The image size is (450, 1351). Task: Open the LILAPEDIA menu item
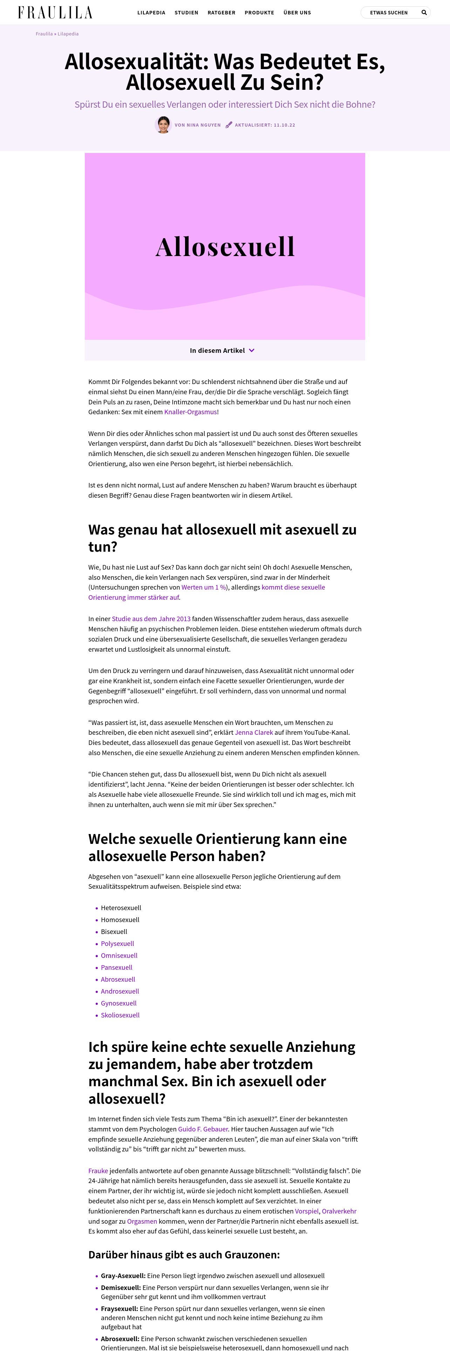pyautogui.click(x=151, y=13)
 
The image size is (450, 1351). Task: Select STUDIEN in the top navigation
pyautogui.click(x=186, y=13)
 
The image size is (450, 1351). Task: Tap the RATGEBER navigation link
pyautogui.click(x=221, y=13)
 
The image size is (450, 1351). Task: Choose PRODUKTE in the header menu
pyautogui.click(x=259, y=13)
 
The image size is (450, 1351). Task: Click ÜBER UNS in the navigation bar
pyautogui.click(x=297, y=13)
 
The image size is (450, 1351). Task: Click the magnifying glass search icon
pyautogui.click(x=424, y=13)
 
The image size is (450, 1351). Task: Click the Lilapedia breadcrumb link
pyautogui.click(x=68, y=34)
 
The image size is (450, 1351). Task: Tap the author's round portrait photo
pyautogui.click(x=163, y=125)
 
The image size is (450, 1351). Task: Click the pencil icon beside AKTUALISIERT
pyautogui.click(x=229, y=125)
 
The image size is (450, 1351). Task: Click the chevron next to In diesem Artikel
pyautogui.click(x=251, y=350)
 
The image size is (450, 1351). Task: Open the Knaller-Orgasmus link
pyautogui.click(x=190, y=412)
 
